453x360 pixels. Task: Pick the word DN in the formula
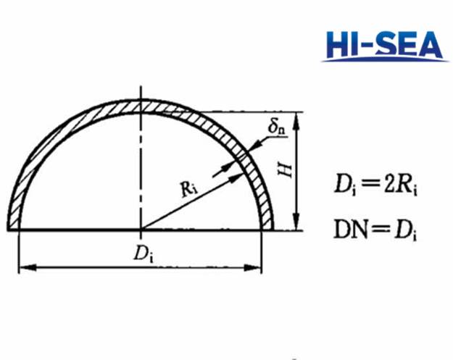347,231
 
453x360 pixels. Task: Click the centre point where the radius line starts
141,230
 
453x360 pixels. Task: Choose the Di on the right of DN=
404,231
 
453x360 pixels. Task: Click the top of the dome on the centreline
141,99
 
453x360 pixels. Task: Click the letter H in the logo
340,46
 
